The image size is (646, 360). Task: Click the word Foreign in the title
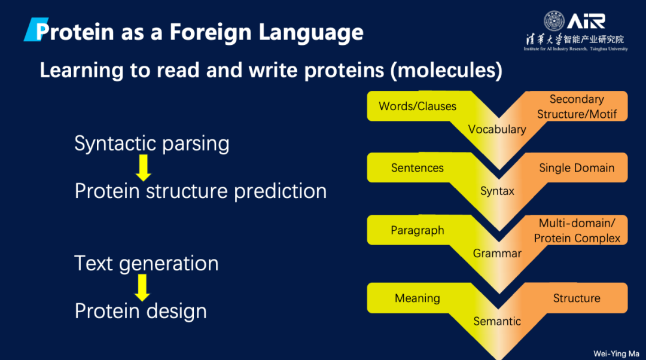(x=210, y=32)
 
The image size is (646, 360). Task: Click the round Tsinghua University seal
(x=554, y=21)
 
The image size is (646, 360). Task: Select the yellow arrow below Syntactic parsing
(x=144, y=168)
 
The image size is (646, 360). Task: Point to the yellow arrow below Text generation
(x=142, y=288)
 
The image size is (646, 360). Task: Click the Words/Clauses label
(x=418, y=106)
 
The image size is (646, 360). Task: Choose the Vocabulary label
(x=497, y=129)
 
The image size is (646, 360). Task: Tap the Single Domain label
(x=577, y=167)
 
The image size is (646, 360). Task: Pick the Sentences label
(x=418, y=167)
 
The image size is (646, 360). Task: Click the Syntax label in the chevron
(x=497, y=191)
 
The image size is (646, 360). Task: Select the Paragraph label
(x=418, y=230)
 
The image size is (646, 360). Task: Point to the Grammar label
(x=497, y=253)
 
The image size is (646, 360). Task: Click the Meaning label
(x=418, y=298)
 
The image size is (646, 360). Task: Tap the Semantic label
(x=497, y=321)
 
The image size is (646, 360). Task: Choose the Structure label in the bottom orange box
(x=577, y=298)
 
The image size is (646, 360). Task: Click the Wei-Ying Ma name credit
(x=616, y=353)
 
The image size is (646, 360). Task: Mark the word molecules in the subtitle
(x=446, y=70)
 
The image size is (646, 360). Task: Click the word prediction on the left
(x=280, y=191)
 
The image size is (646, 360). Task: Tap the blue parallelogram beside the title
(x=36, y=29)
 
